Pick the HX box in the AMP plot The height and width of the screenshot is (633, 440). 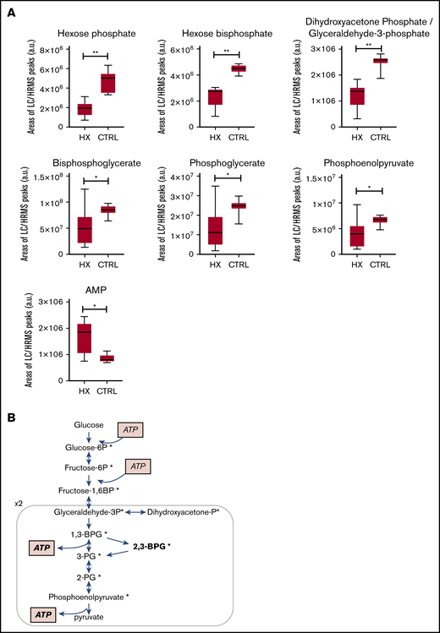click(x=85, y=338)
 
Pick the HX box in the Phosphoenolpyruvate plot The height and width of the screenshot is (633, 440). click(x=358, y=234)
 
